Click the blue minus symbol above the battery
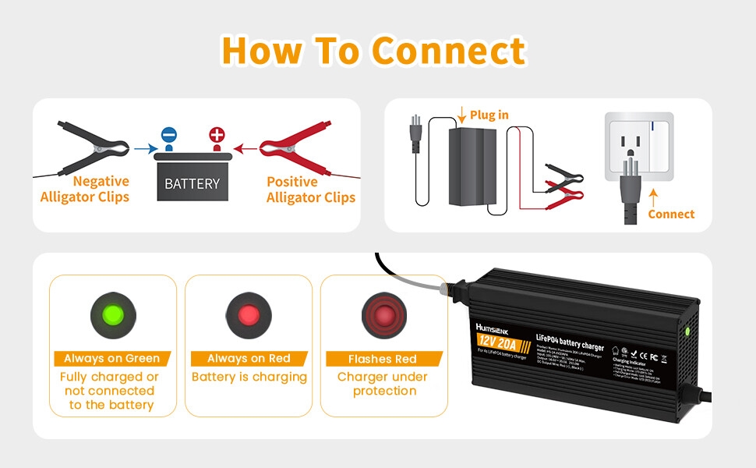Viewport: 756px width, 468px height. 169,136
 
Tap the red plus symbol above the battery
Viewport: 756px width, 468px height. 217,136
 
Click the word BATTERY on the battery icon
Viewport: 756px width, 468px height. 193,184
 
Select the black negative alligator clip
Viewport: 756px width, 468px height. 92,146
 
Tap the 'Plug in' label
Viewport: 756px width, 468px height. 489,115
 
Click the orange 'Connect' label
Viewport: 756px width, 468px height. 671,214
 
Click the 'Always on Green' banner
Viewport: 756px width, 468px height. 112,359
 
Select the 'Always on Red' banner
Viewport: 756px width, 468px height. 249,359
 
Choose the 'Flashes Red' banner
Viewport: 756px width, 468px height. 384,360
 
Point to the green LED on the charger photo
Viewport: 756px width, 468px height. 688,331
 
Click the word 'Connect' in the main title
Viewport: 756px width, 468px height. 448,51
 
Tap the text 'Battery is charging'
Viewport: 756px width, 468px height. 249,378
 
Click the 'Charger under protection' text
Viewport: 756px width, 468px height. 384,384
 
